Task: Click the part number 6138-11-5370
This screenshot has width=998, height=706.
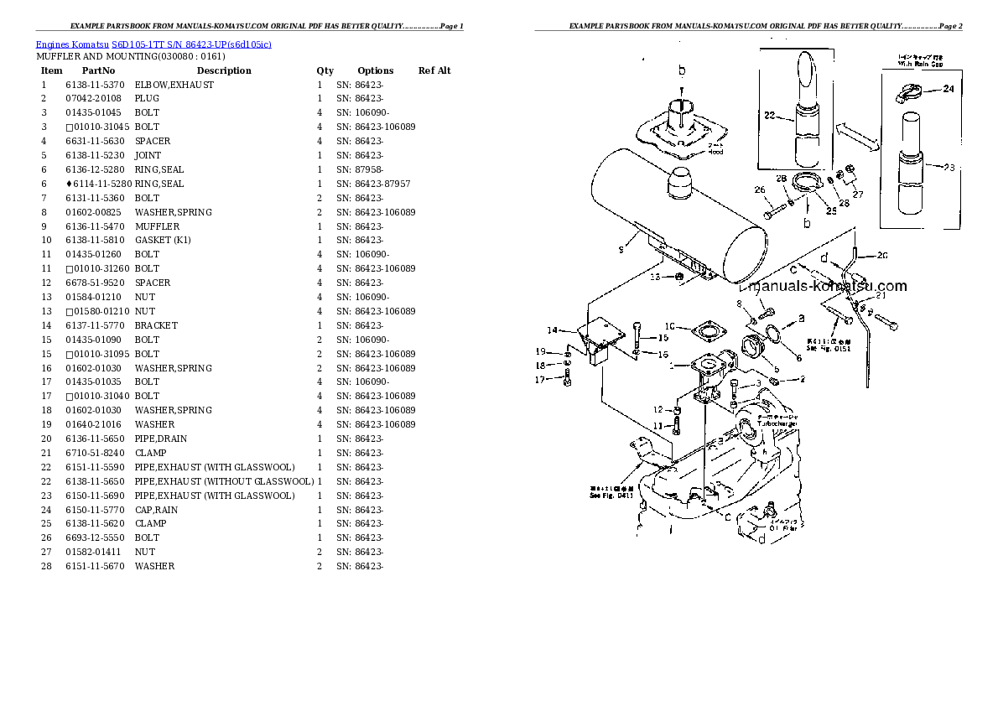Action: (x=94, y=85)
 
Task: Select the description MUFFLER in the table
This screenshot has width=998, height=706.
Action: (x=157, y=226)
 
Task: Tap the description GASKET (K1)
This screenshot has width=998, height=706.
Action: (x=163, y=241)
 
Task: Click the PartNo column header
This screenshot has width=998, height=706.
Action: (x=98, y=70)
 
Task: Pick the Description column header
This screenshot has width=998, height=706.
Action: (x=224, y=70)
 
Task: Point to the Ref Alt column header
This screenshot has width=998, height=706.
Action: (x=434, y=70)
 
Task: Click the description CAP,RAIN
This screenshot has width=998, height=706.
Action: (x=156, y=510)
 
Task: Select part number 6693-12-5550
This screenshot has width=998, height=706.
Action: (x=94, y=537)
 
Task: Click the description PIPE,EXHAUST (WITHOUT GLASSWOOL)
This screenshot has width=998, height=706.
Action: (x=224, y=481)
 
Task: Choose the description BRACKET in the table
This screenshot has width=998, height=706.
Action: (x=156, y=325)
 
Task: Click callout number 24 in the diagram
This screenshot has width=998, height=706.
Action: (x=948, y=89)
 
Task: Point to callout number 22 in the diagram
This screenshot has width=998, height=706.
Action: (x=771, y=115)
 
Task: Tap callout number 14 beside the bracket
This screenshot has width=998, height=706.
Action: (x=552, y=330)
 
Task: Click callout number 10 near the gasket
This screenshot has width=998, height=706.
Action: (x=670, y=326)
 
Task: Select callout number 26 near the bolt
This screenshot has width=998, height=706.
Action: (x=760, y=190)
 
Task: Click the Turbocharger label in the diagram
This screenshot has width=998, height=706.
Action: (x=777, y=423)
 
